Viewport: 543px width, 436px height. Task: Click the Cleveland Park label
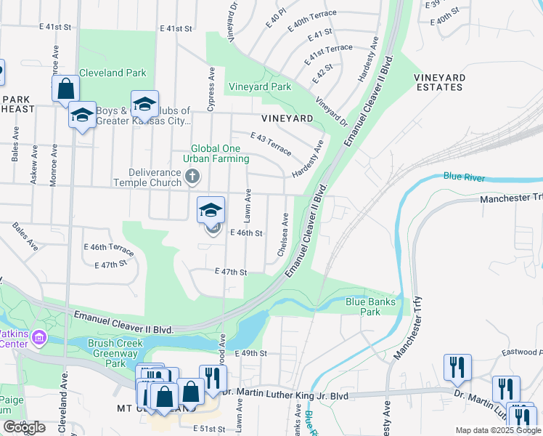click(113, 73)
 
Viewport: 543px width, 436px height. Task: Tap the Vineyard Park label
click(260, 87)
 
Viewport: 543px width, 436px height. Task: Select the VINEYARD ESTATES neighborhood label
click(438, 82)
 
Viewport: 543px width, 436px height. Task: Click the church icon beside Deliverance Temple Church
click(192, 175)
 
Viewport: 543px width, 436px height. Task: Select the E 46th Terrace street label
click(109, 248)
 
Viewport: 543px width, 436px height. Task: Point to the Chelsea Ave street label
click(283, 235)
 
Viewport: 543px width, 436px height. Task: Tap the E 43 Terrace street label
click(270, 144)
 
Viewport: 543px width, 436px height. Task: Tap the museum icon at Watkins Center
click(38, 338)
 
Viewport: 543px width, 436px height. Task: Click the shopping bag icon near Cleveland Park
click(65, 89)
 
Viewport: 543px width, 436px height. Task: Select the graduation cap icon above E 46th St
click(211, 210)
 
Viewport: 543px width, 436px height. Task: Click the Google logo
click(23, 427)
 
